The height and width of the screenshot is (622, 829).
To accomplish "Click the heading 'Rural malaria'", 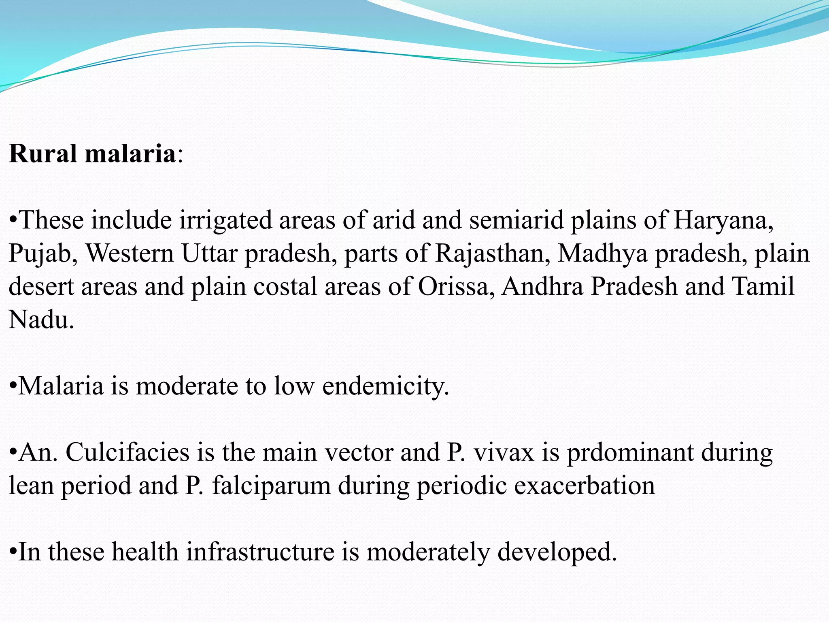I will point(92,154).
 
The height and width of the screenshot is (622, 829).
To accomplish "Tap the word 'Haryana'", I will point(723,221).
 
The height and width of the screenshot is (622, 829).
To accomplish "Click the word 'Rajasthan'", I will point(493,253).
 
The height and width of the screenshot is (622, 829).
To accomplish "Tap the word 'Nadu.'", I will point(41,320).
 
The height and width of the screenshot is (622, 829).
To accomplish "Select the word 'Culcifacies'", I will point(127,453).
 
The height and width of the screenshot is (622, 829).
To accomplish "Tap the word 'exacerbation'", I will point(585,486).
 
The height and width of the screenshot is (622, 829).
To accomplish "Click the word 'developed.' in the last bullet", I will point(557,552).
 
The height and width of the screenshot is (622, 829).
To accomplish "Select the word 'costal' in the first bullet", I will point(285,287).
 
